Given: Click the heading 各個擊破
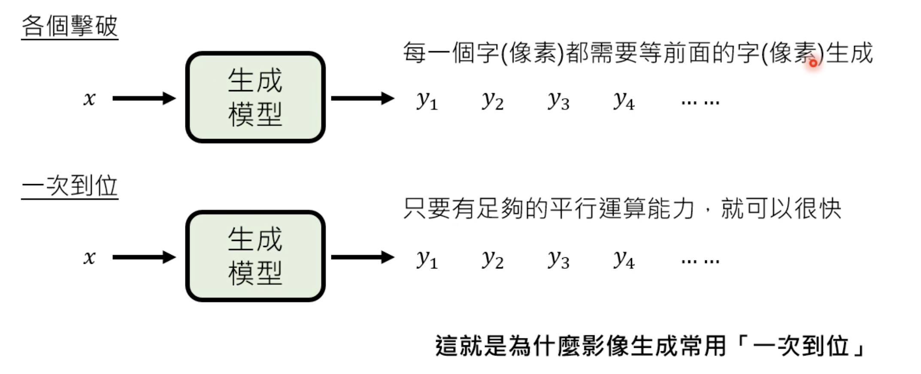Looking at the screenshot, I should (x=70, y=26).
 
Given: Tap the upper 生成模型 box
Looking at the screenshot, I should (x=255, y=97).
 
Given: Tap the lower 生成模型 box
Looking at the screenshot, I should (x=255, y=256).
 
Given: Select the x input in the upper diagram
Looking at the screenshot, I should (x=89, y=99).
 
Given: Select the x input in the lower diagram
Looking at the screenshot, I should (x=89, y=257).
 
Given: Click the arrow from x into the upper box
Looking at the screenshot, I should (x=144, y=98).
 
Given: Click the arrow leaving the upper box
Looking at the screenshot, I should (x=362, y=98).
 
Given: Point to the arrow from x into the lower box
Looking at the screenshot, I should (x=144, y=257).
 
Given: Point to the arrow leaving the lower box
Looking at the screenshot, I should (x=362, y=257).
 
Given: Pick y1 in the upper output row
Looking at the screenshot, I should (x=427, y=101).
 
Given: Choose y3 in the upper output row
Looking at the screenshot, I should (x=558, y=101).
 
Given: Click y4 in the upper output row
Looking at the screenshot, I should (x=624, y=101).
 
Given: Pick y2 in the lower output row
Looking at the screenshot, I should (x=493, y=259).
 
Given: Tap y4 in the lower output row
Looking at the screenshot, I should (x=624, y=259).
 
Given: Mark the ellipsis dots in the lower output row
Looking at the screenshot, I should (x=700, y=261).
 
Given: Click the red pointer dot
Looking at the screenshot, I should (x=813, y=63).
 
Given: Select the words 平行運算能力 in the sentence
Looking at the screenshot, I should (x=622, y=209).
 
